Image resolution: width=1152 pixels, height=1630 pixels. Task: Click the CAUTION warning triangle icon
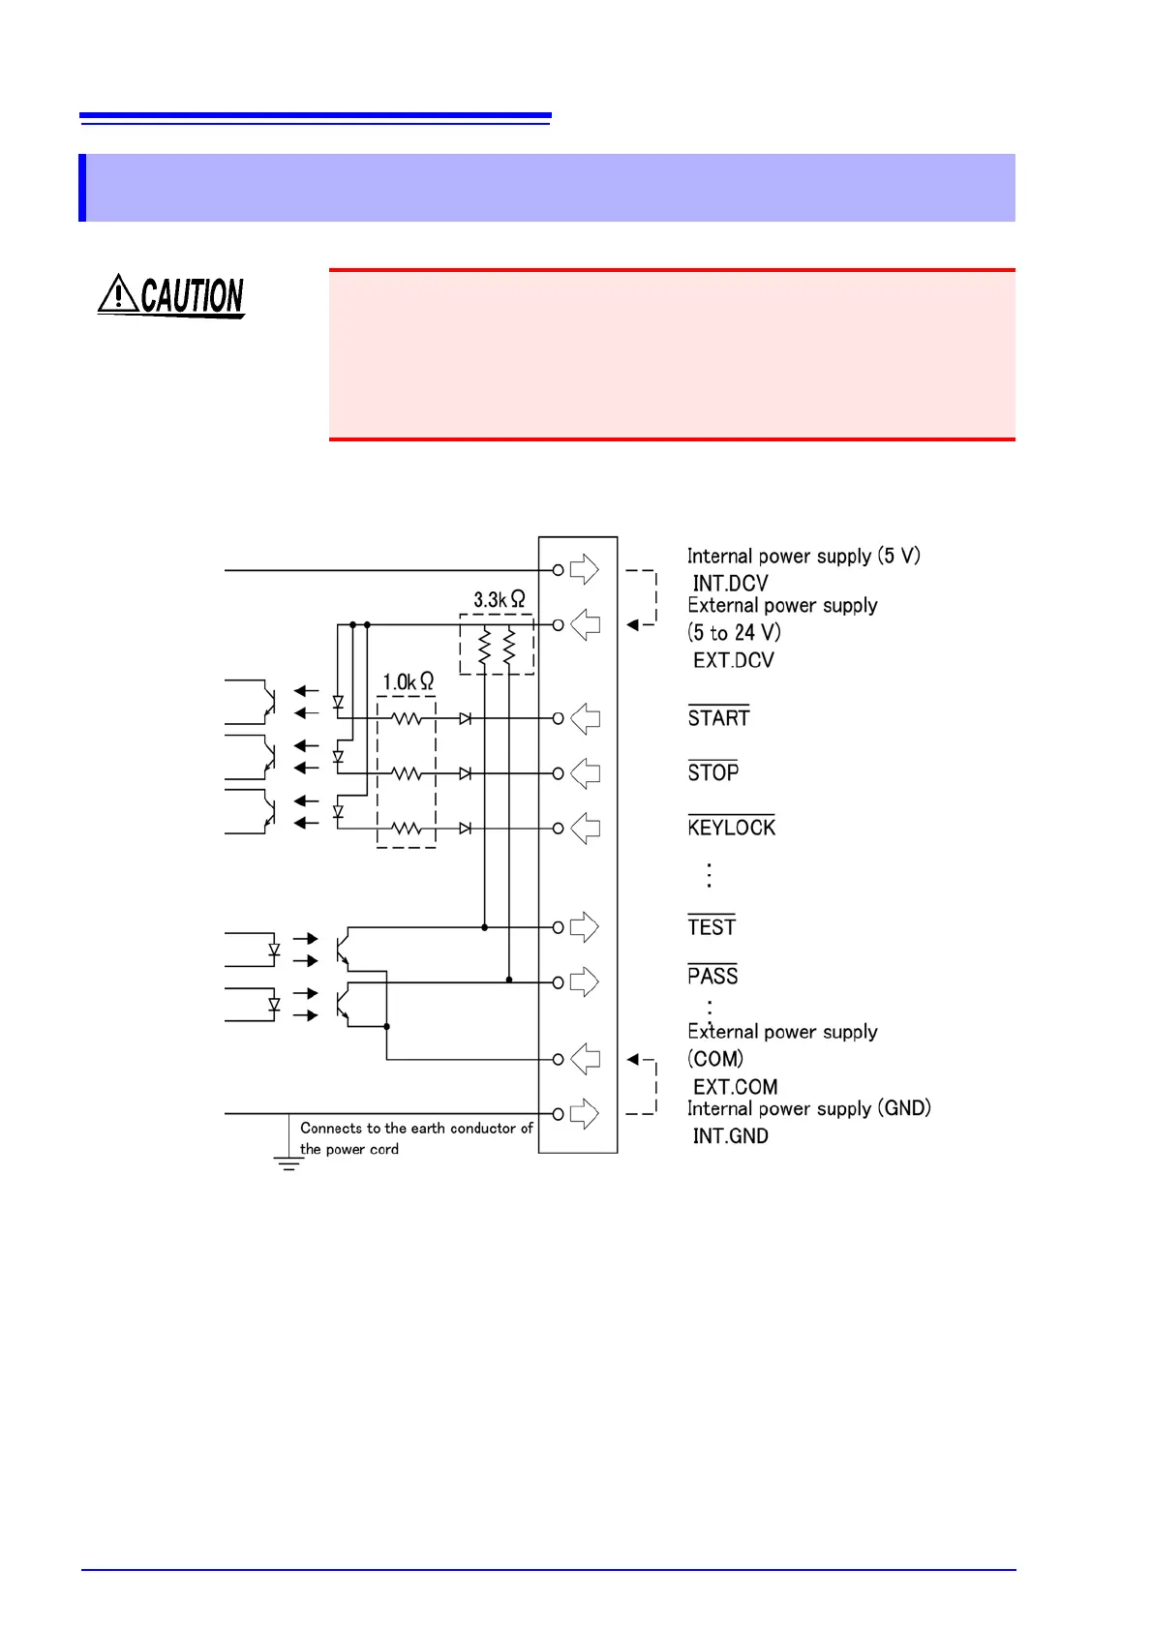[118, 293]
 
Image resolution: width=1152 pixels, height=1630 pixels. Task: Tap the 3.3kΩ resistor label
[499, 600]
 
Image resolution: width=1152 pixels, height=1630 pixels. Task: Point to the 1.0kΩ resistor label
[408, 682]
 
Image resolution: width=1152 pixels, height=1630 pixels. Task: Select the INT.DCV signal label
[730, 584]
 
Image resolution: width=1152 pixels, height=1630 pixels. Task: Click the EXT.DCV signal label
[733, 660]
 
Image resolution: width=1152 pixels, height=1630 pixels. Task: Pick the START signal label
[718, 718]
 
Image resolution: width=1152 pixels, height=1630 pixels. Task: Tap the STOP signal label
[712, 772]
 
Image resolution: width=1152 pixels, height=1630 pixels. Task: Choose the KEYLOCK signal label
[731, 828]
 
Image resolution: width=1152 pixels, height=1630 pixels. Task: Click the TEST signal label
[712, 927]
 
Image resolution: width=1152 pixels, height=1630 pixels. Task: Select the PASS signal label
[712, 976]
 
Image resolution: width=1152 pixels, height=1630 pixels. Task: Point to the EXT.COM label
[735, 1087]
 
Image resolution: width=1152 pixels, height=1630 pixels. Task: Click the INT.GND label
[730, 1136]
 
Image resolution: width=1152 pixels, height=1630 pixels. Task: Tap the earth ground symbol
[288, 1162]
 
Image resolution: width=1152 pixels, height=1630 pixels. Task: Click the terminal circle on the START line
[558, 718]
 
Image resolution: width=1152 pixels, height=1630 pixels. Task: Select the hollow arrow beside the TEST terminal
[584, 927]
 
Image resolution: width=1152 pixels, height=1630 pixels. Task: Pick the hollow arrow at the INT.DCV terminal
[584, 569]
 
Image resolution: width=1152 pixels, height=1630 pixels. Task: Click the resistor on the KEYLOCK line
[407, 829]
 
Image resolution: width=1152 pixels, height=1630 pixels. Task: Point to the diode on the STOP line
[466, 773]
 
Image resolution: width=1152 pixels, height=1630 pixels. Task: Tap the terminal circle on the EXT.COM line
[558, 1059]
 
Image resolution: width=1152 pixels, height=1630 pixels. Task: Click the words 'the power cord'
[349, 1150]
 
